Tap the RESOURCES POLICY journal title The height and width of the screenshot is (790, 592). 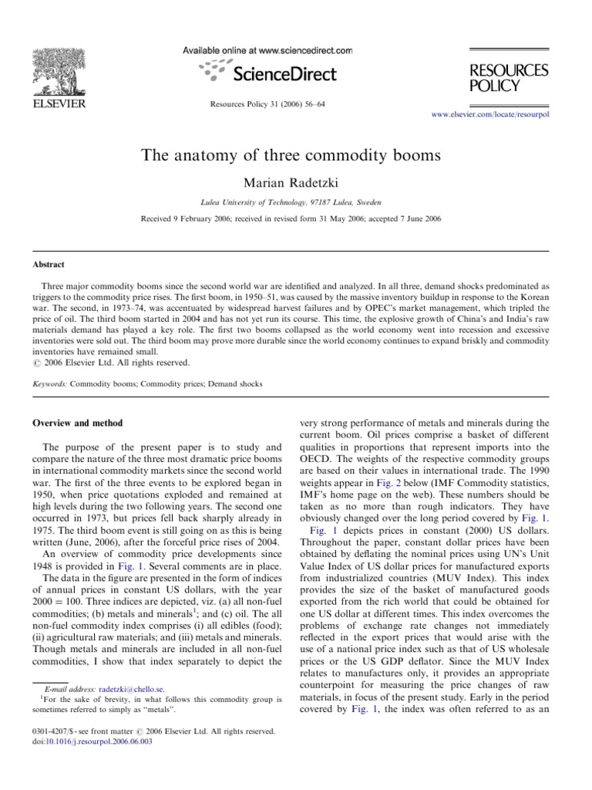click(510, 77)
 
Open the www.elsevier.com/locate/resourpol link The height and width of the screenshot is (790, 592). click(486, 113)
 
